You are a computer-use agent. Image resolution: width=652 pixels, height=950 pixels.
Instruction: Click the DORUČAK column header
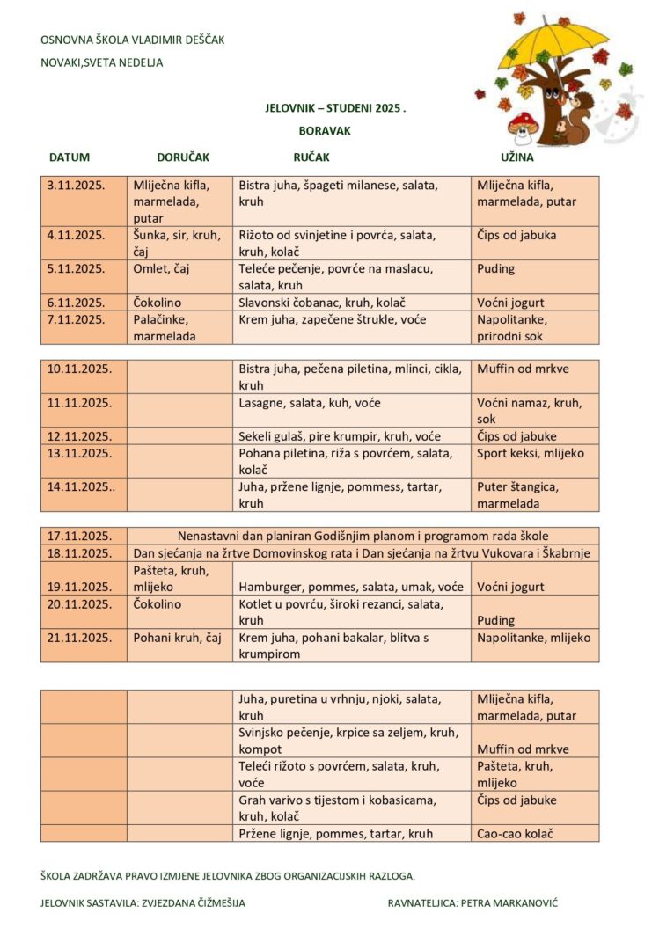[x=183, y=157]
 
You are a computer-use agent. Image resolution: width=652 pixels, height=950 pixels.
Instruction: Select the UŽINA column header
[x=517, y=157]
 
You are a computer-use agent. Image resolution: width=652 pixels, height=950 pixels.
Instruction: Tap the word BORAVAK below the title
[x=325, y=130]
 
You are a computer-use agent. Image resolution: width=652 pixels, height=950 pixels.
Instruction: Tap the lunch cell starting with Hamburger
[x=351, y=587]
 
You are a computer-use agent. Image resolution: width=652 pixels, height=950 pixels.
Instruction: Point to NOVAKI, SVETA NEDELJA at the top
[x=101, y=62]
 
